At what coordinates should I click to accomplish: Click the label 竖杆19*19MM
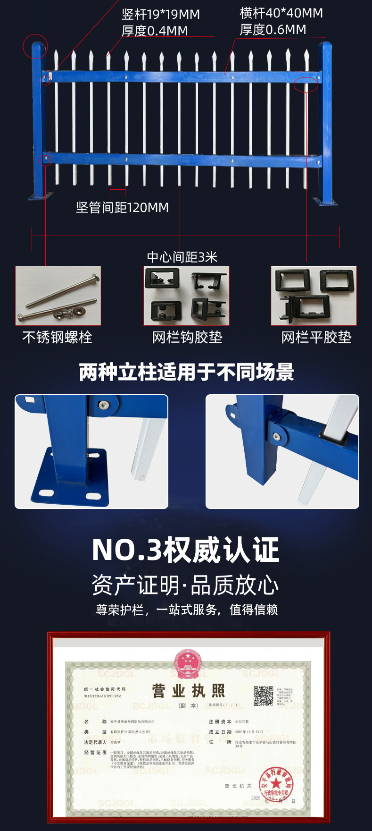(161, 15)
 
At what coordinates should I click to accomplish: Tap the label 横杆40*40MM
(281, 13)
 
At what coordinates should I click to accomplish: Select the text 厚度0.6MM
(273, 30)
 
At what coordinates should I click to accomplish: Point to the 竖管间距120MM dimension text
(122, 207)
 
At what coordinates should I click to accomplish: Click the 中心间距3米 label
(182, 257)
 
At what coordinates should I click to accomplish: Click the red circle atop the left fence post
(36, 46)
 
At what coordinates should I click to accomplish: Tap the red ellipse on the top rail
(306, 84)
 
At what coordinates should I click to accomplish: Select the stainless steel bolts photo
(58, 296)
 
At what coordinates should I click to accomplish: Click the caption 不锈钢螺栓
(57, 337)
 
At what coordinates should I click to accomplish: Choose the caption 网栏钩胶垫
(187, 337)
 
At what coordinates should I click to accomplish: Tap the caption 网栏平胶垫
(316, 337)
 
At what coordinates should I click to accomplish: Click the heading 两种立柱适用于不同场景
(186, 372)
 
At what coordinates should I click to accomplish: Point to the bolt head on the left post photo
(103, 405)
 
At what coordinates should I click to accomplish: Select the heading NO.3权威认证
(186, 550)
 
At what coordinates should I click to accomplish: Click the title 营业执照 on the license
(188, 691)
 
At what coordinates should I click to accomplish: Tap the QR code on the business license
(263, 695)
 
